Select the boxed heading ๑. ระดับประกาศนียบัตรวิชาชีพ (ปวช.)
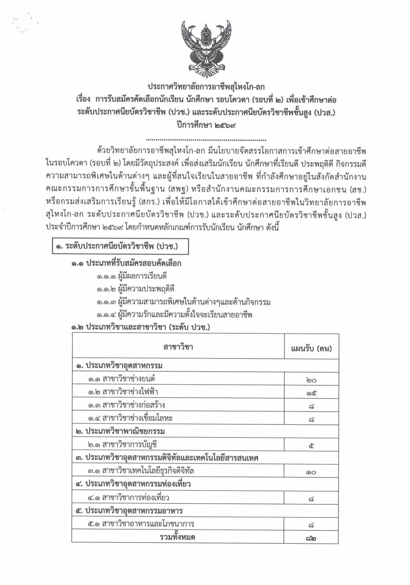(x=120, y=246)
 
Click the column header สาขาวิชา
(x=178, y=347)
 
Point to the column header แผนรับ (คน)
(x=311, y=348)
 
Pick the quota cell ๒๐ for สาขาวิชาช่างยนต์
(x=311, y=380)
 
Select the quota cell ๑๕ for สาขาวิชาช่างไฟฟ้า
(x=311, y=393)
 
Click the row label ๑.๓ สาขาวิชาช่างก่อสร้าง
(x=126, y=405)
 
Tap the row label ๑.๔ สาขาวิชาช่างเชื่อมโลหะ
(x=130, y=418)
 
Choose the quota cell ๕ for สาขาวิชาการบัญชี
(x=311, y=445)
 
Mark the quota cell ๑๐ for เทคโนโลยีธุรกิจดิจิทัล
(x=311, y=472)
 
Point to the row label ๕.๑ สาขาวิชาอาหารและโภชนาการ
(x=141, y=524)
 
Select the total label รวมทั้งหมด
(x=177, y=537)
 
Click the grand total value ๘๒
(x=311, y=538)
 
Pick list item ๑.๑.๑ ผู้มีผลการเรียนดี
(x=131, y=276)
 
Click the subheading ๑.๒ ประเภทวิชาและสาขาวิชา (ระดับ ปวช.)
(x=141, y=327)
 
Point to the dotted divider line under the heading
(x=206, y=140)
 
